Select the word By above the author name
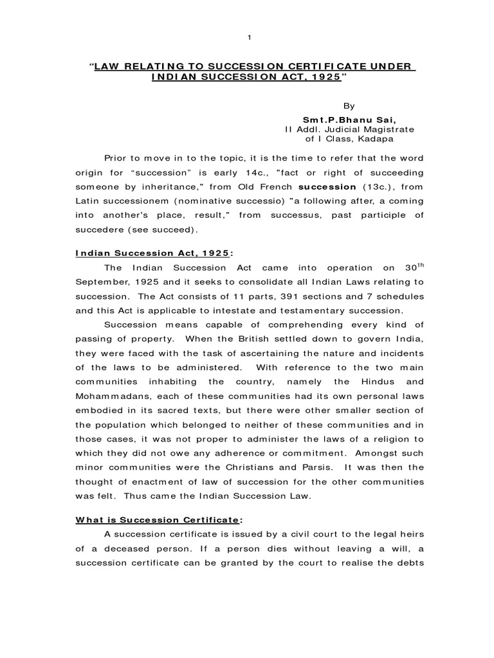[x=347, y=105]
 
